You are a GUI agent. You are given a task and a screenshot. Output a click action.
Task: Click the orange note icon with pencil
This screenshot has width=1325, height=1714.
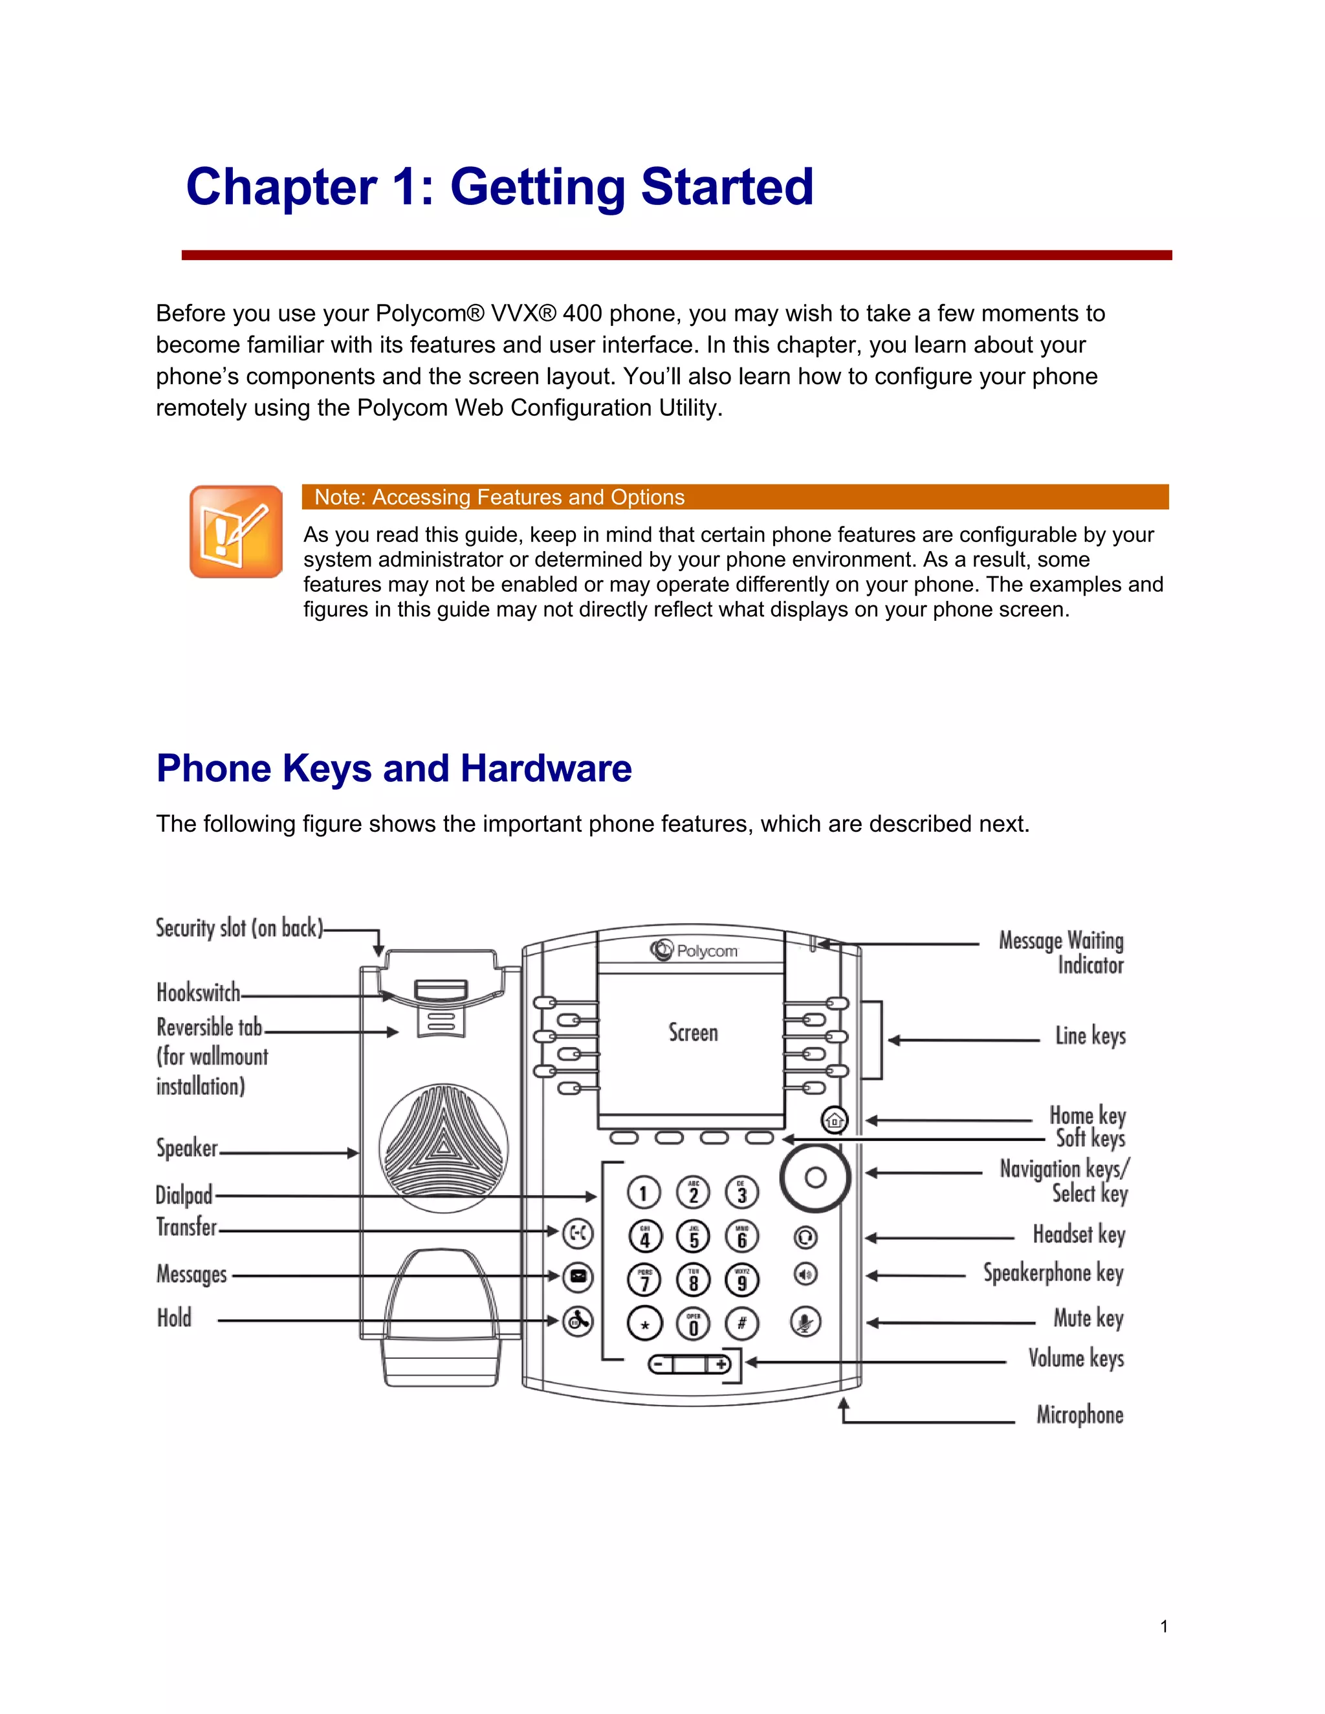[x=235, y=531]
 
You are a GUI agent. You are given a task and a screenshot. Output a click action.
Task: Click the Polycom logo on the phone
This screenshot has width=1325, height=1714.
[x=694, y=950]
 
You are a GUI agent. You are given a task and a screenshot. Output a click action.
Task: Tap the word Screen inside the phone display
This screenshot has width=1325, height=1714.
[x=692, y=1033]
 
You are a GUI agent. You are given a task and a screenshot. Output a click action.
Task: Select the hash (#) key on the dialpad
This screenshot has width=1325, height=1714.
[x=742, y=1324]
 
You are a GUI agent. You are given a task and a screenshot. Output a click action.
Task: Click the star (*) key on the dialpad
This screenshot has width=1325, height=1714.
[x=644, y=1325]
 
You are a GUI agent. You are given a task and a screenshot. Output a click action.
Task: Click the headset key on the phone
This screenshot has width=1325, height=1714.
[x=806, y=1237]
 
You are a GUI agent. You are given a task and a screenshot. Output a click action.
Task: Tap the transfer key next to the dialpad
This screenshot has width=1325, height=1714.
[x=578, y=1233]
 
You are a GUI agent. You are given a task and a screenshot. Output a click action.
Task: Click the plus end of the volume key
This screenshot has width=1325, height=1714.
[x=721, y=1365]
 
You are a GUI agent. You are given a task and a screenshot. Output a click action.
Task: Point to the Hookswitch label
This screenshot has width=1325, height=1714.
[x=198, y=993]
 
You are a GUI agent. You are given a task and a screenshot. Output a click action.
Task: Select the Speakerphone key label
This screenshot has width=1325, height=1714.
[x=1053, y=1273]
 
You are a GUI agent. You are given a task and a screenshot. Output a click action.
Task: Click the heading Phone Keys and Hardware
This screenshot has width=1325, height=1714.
[x=393, y=768]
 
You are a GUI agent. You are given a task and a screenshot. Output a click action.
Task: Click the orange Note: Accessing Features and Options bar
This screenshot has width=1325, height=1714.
[x=735, y=497]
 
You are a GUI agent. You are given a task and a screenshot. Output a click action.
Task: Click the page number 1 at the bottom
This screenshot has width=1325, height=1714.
[x=1164, y=1627]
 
